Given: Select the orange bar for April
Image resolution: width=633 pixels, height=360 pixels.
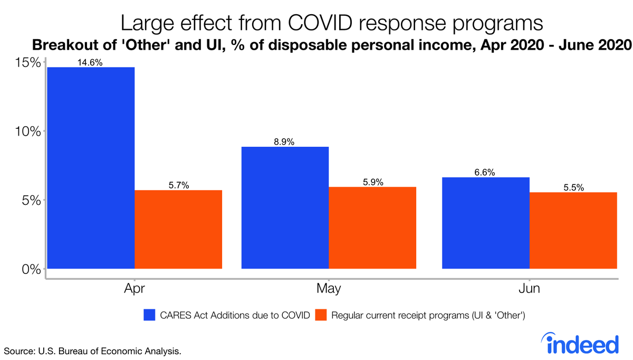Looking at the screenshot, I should click(x=178, y=229).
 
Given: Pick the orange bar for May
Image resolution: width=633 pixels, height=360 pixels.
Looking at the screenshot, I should click(x=372, y=228).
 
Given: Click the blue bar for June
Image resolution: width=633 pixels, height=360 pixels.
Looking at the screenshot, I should click(x=486, y=223).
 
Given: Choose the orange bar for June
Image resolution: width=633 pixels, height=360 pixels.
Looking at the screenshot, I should click(x=573, y=230).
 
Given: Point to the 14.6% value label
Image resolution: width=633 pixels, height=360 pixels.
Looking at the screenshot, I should click(x=91, y=62).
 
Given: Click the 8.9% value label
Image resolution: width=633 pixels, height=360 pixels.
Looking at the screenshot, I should click(x=285, y=141).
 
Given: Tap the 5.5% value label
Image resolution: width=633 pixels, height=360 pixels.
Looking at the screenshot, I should click(x=573, y=187).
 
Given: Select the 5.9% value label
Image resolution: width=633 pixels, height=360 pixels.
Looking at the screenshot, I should click(x=372, y=182).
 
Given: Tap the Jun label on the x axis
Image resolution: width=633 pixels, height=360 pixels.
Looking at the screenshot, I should click(x=529, y=289).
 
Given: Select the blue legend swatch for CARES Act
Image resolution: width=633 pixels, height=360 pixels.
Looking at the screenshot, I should click(x=150, y=316).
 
